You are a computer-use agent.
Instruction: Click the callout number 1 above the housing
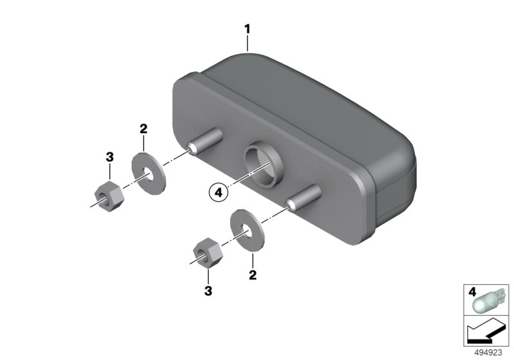coord(247,29)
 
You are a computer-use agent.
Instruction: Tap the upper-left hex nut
coord(109,195)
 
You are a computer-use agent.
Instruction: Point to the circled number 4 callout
coord(218,192)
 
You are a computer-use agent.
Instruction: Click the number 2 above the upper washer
coord(143,129)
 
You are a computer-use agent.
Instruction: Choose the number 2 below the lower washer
coord(253,274)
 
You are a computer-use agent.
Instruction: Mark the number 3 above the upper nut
coord(109,157)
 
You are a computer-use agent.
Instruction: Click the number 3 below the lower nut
coord(208,291)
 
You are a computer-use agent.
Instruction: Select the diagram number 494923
coord(488,353)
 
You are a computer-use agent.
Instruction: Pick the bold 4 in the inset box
coord(472,292)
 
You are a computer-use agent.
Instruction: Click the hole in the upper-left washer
coord(148,174)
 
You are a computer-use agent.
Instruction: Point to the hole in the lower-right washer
coord(247,231)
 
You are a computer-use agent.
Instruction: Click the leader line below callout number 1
coord(247,44)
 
